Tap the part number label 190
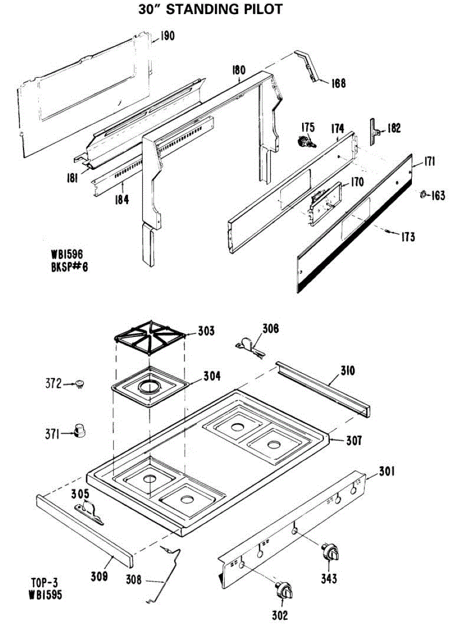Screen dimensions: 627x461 pyautogui.click(x=167, y=37)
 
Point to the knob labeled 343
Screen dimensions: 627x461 pyautogui.click(x=330, y=552)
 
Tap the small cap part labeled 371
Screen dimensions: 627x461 pyautogui.click(x=80, y=431)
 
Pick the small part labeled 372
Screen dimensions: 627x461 pyautogui.click(x=79, y=384)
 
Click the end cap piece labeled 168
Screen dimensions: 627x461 pyautogui.click(x=309, y=66)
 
